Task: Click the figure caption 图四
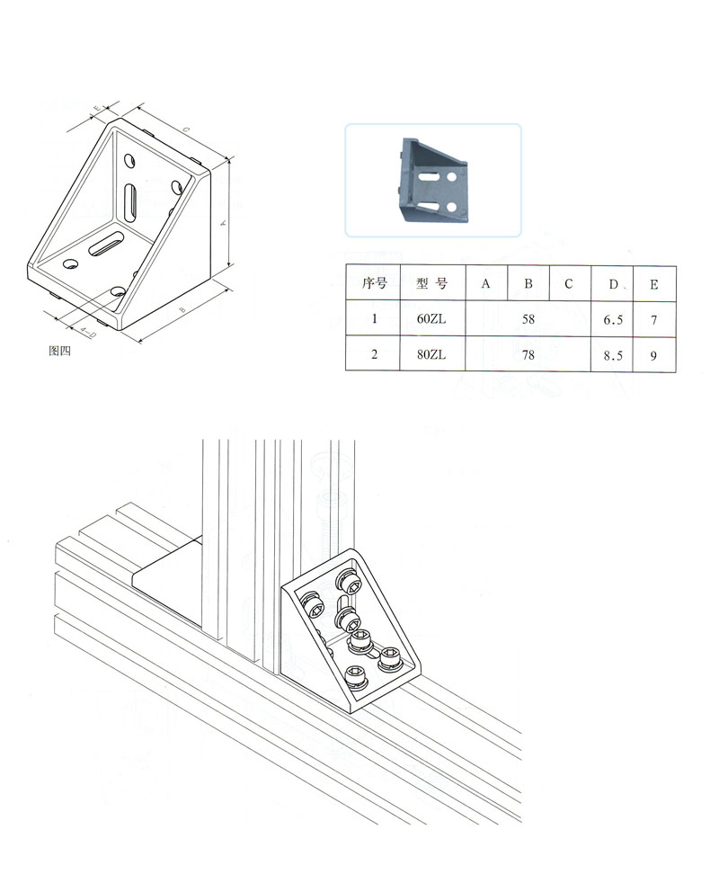coord(59,351)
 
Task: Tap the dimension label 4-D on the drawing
coord(87,332)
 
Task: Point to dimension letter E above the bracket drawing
coord(96,108)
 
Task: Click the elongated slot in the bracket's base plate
coord(106,245)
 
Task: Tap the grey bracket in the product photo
coord(434,179)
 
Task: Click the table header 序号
coord(374,284)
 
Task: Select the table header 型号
coord(432,284)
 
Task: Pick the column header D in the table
coord(613,284)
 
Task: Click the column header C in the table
coord(569,284)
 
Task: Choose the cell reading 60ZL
coord(431,319)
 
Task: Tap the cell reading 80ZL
coord(431,354)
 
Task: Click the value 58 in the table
coord(528,319)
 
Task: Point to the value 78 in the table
coord(528,354)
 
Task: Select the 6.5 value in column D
coord(613,320)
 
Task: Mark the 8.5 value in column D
coord(613,355)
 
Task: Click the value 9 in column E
coord(653,355)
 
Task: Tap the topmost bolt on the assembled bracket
coord(349,582)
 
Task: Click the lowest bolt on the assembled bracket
coord(357,678)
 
